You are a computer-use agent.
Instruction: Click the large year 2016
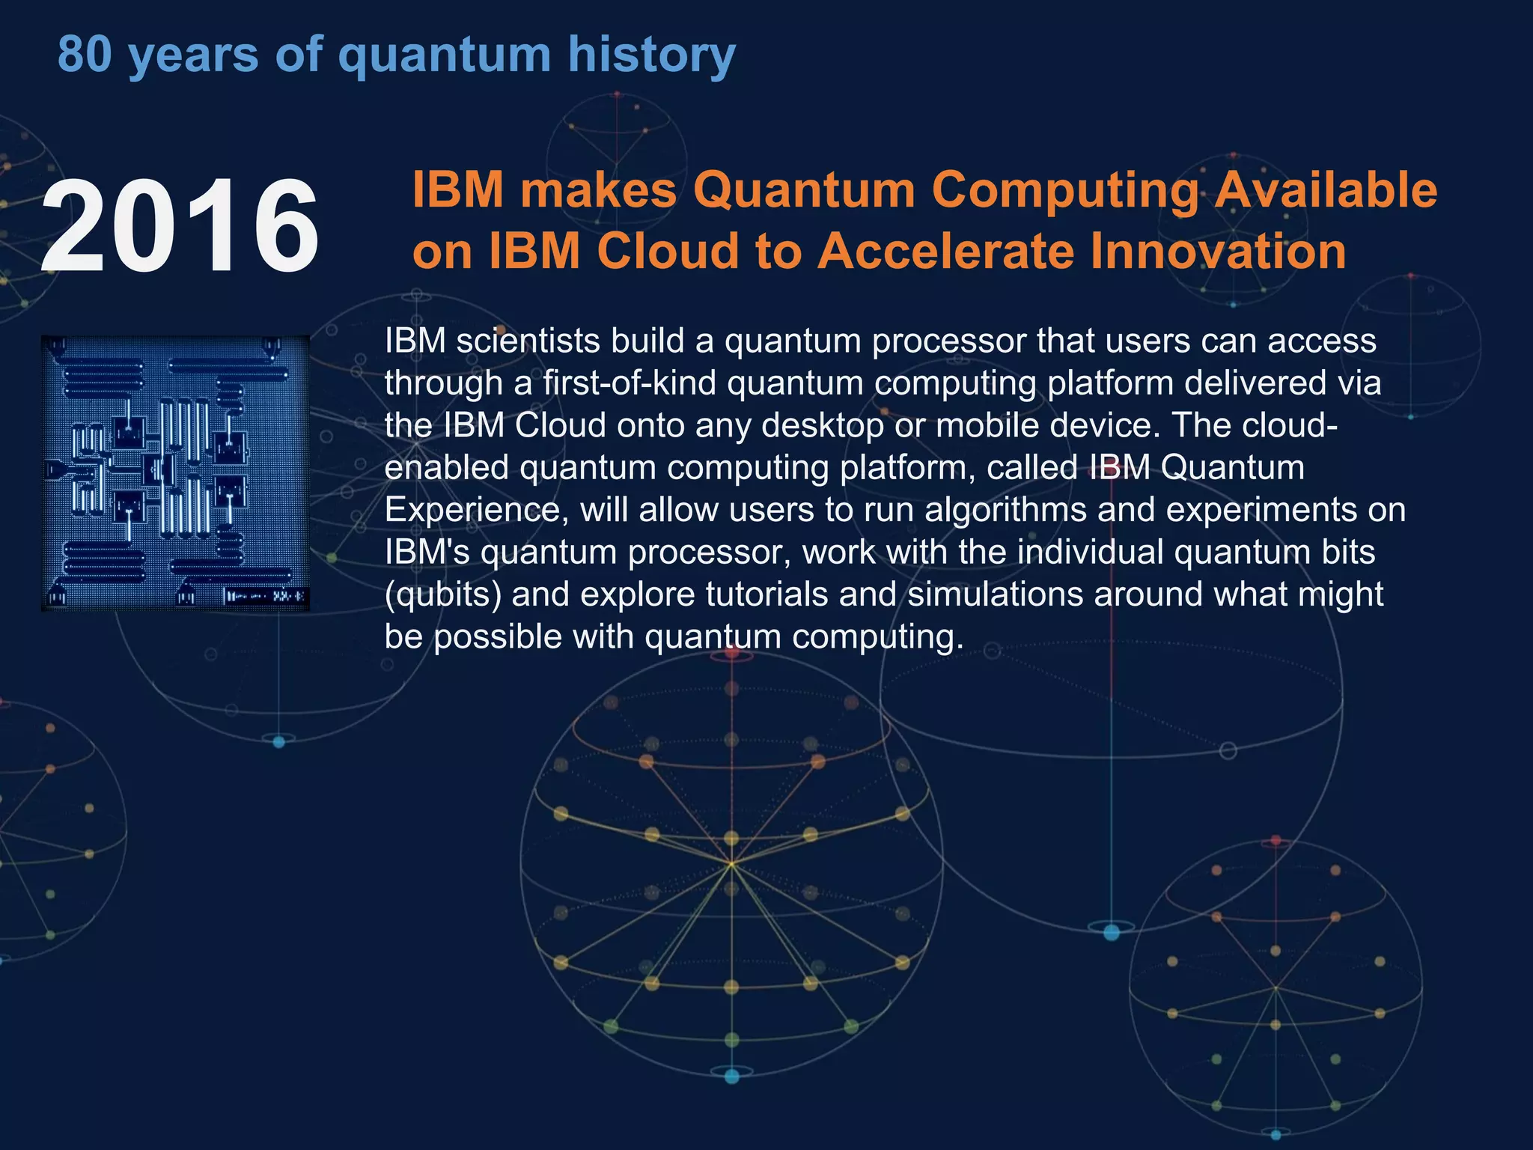coord(180,226)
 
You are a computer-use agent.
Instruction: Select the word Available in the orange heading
coord(1325,189)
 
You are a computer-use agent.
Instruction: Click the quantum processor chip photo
coord(175,473)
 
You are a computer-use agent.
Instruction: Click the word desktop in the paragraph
coord(823,425)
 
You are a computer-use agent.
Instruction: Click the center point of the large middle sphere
coord(731,865)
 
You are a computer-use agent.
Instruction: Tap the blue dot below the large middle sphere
coord(731,1077)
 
